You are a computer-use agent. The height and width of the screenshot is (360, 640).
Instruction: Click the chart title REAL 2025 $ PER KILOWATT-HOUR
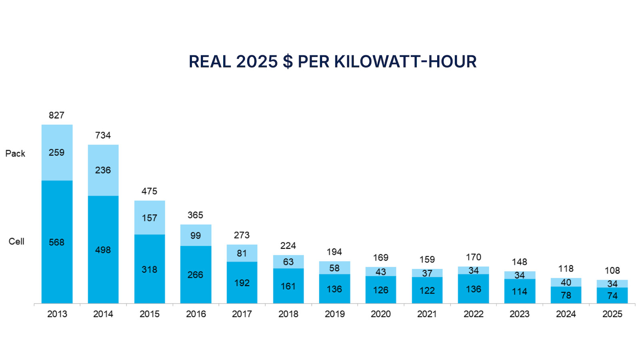click(x=332, y=62)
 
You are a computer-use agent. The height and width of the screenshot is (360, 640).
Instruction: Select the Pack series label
click(x=15, y=154)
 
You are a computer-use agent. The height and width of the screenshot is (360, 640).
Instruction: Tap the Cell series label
click(x=16, y=242)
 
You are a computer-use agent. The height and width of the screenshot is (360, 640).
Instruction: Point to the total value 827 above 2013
click(x=56, y=115)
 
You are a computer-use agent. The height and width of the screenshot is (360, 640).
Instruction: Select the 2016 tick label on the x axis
click(x=196, y=314)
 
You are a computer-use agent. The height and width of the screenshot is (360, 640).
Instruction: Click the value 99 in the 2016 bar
click(x=196, y=236)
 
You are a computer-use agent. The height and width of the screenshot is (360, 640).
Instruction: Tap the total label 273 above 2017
click(x=242, y=235)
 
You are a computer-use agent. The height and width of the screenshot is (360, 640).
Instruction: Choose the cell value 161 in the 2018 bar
click(x=288, y=286)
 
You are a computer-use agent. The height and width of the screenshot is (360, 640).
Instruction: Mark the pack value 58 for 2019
click(x=334, y=268)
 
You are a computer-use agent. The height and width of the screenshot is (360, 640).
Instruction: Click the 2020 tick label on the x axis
click(x=380, y=314)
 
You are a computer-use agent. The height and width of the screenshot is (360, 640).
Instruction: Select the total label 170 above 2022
click(x=474, y=257)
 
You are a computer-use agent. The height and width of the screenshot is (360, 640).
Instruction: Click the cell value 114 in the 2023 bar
click(x=520, y=292)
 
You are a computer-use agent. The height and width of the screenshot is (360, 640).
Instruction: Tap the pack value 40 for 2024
click(x=566, y=282)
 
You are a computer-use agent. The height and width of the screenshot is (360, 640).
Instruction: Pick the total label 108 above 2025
click(x=612, y=271)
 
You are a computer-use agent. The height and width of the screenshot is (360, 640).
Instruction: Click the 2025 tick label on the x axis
click(x=612, y=314)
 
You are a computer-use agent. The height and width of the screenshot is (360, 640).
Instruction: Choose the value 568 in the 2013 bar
click(x=56, y=242)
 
